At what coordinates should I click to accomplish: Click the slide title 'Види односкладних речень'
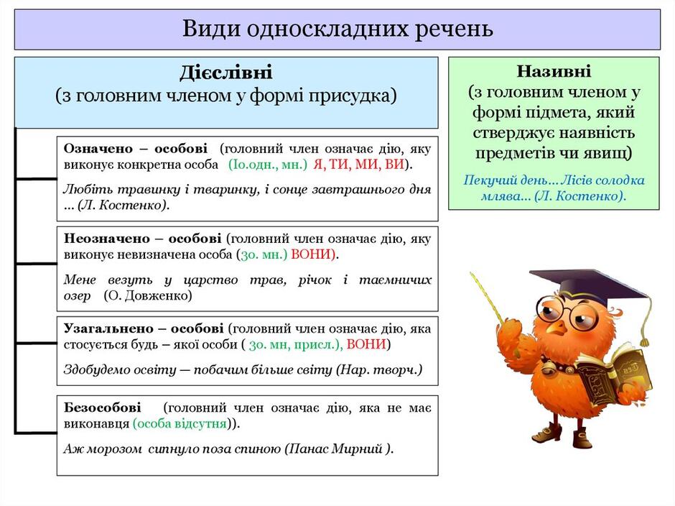pyautogui.click(x=337, y=29)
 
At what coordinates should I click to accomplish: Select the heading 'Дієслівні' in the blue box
pyautogui.click(x=226, y=73)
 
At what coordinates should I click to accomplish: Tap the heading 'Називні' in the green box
pyautogui.click(x=554, y=71)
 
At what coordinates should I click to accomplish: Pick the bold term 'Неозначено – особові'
pyautogui.click(x=143, y=238)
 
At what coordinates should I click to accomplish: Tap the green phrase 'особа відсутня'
pyautogui.click(x=180, y=424)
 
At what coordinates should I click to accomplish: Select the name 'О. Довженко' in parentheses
pyautogui.click(x=149, y=295)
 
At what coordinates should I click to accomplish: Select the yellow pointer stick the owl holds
pyautogui.click(x=488, y=295)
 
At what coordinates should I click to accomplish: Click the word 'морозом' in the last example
pyautogui.click(x=113, y=448)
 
